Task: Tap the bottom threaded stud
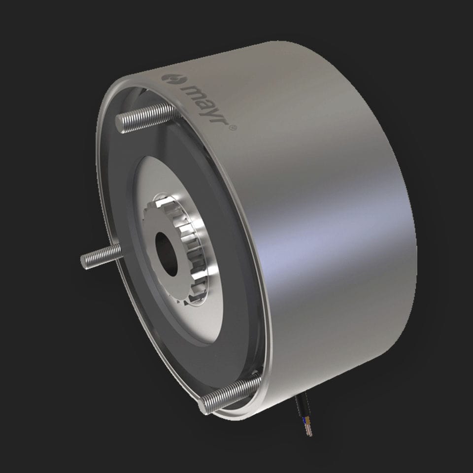tap(229, 394)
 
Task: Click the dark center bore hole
tap(167, 253)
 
